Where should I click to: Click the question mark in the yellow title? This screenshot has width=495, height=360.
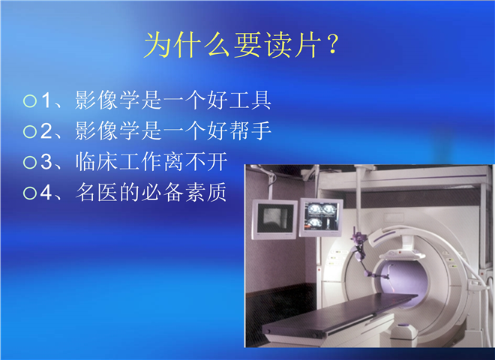click(333, 44)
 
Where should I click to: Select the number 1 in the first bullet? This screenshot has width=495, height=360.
click(46, 100)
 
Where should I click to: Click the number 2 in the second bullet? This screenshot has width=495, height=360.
click(46, 131)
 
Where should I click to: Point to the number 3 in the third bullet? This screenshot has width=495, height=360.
click(46, 162)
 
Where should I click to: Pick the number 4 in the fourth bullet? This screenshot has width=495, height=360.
click(46, 192)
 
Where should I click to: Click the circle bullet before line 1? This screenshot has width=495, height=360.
click(30, 101)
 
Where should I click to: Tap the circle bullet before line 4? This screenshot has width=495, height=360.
click(30, 193)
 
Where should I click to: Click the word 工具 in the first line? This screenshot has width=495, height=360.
click(250, 100)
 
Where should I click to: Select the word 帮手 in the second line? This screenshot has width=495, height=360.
click(250, 130)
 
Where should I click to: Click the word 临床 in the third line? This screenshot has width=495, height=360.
click(97, 162)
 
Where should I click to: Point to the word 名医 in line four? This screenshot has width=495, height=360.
click(97, 192)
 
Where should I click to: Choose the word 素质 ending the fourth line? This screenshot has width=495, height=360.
click(206, 192)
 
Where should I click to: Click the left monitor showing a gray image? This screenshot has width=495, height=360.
click(274, 220)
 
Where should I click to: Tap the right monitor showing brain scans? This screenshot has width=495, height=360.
click(321, 217)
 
